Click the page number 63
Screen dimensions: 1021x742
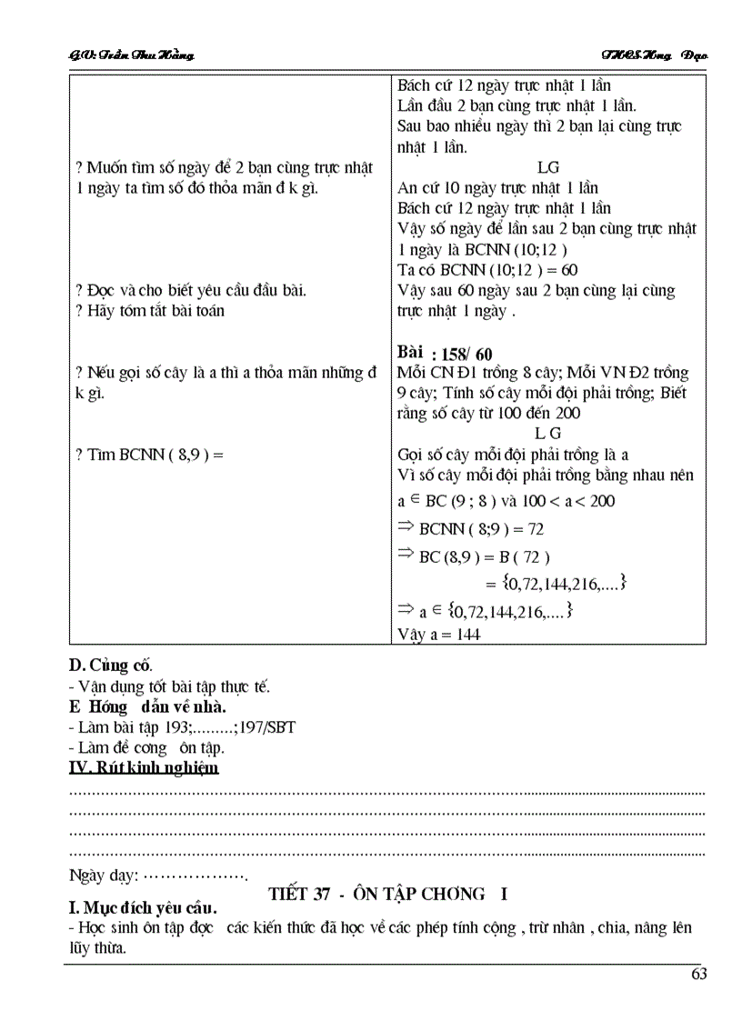coord(698,974)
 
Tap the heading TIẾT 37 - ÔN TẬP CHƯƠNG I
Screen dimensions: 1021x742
coord(388,894)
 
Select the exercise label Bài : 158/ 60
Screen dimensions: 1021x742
coord(445,354)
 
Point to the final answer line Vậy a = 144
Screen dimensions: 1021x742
coord(438,634)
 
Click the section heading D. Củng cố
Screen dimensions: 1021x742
coord(111,665)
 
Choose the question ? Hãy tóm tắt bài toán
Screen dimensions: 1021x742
coord(150,310)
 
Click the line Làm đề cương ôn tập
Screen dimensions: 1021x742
coord(146,747)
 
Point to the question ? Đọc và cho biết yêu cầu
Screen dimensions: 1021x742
coord(191,290)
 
